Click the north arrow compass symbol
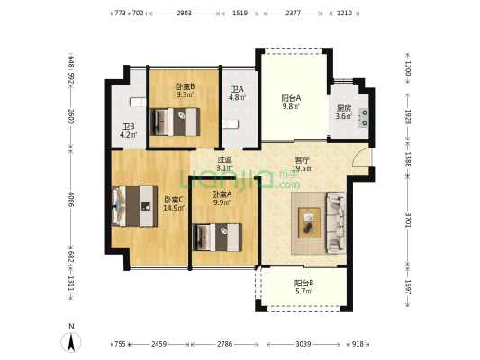71,342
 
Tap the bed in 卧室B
175,121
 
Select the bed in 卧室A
217,238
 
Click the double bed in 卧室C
135,206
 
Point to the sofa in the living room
337,223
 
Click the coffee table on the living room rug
310,222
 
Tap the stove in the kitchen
363,118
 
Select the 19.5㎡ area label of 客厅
303,168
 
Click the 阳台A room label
291,98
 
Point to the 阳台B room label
303,283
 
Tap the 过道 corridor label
225,159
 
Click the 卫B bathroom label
129,126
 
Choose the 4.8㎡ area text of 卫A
237,97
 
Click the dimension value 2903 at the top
184,13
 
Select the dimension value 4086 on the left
71,199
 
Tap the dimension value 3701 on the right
408,220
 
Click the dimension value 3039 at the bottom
303,344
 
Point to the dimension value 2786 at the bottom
225,344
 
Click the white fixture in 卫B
138,102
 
